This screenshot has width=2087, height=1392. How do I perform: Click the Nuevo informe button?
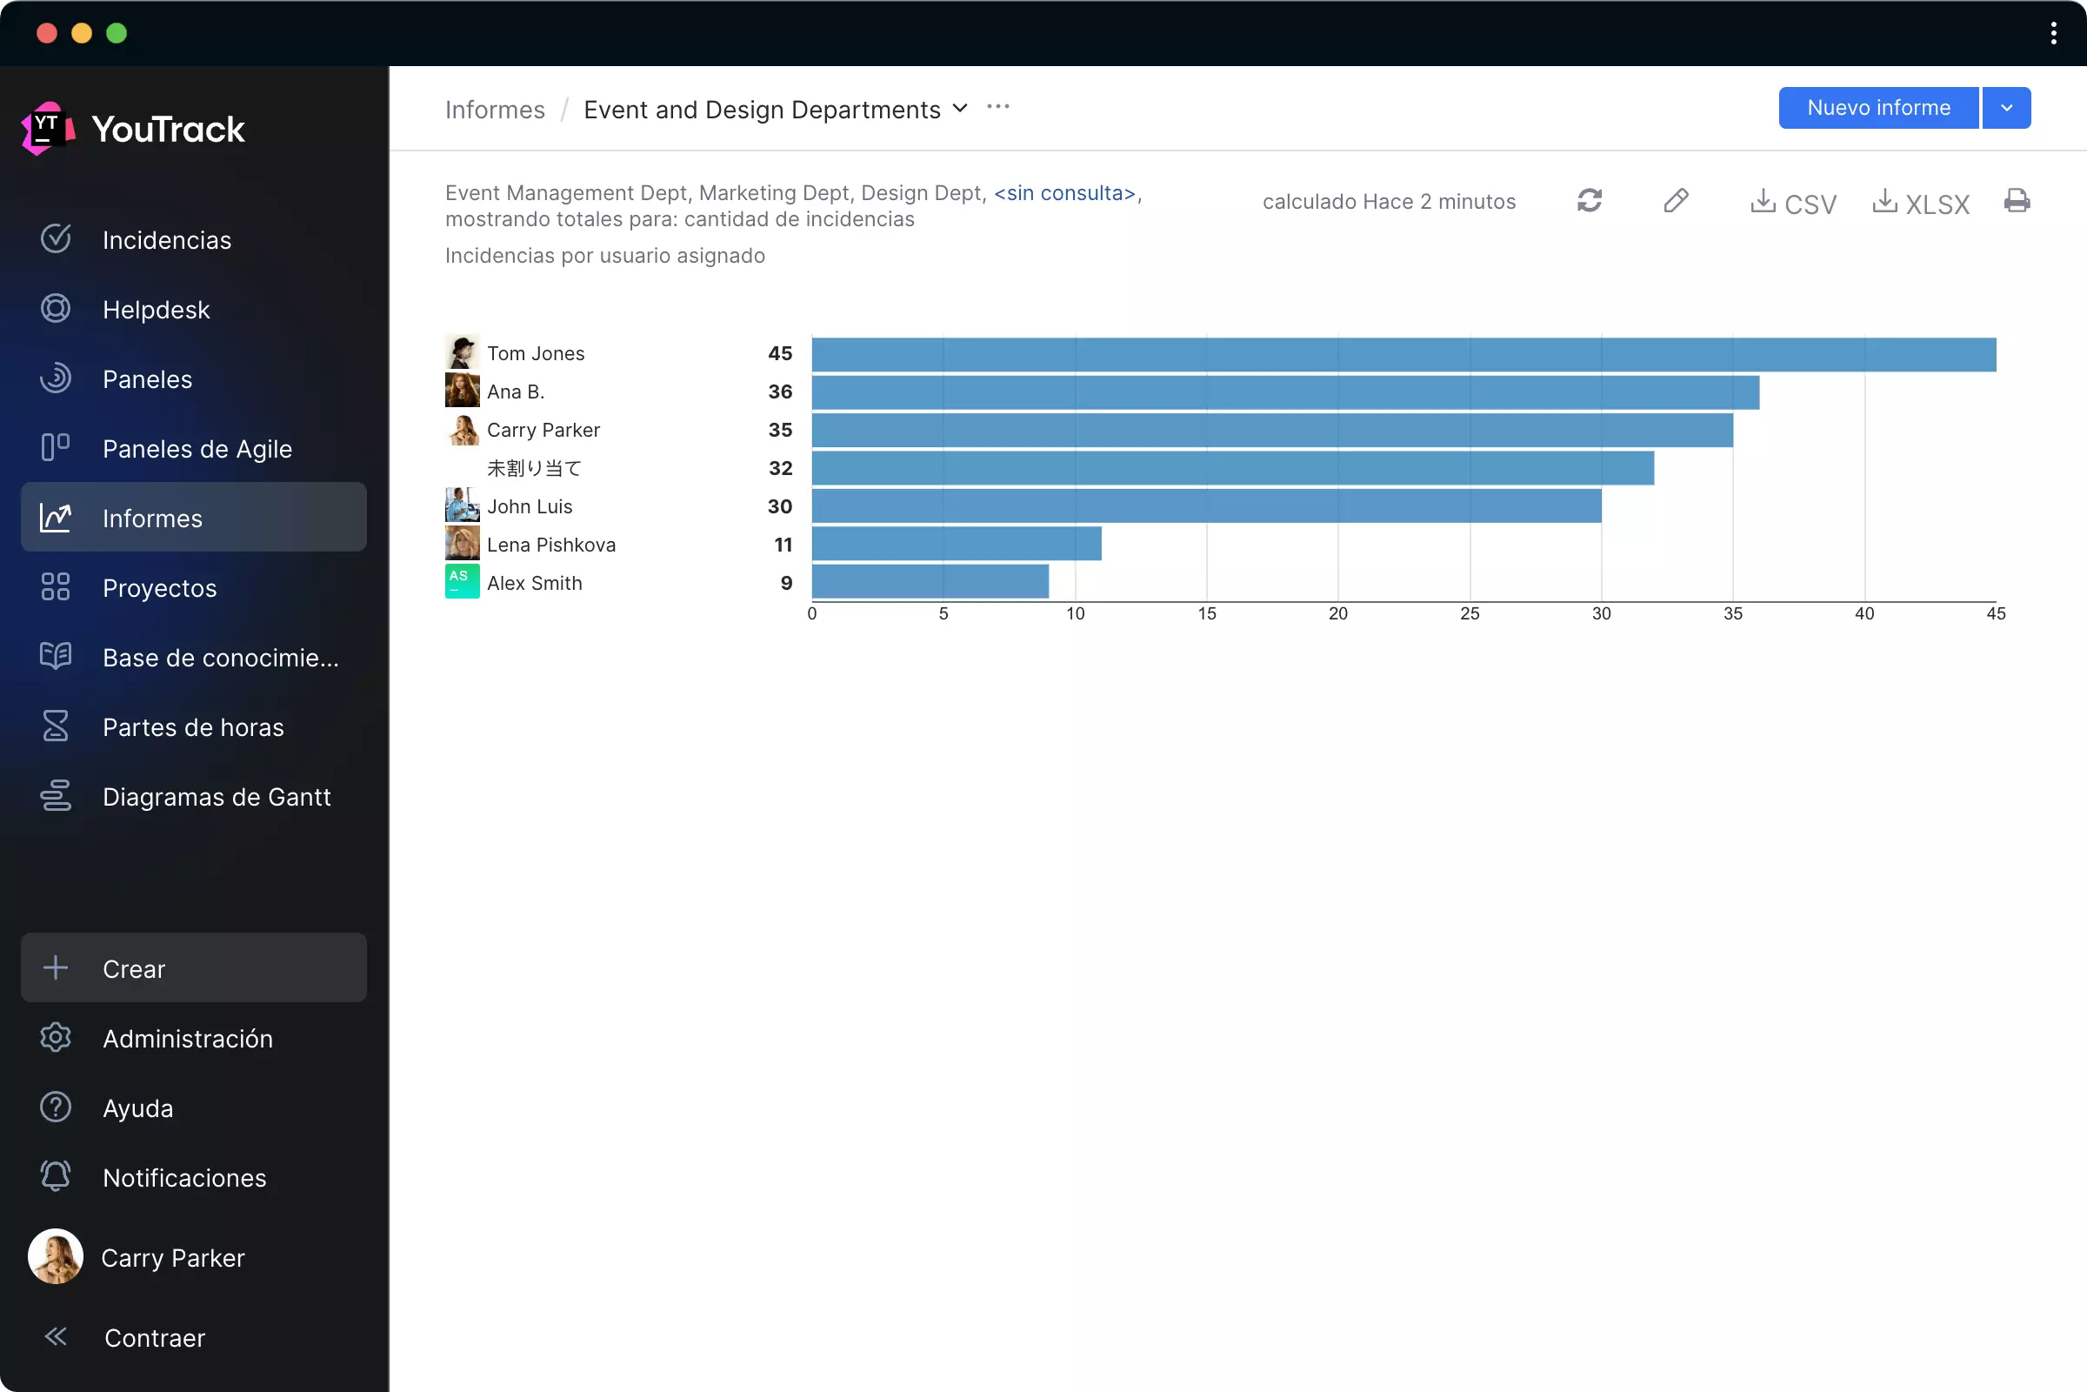pyautogui.click(x=1877, y=108)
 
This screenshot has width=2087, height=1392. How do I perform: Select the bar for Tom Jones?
pyautogui.click(x=1403, y=354)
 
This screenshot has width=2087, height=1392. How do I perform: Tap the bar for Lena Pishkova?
pyautogui.click(x=956, y=543)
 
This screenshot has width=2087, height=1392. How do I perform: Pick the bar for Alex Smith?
pyautogui.click(x=929, y=581)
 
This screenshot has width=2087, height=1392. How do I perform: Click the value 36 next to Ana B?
pyautogui.click(x=780, y=391)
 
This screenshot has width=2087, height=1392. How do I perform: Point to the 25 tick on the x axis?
pyautogui.click(x=1470, y=613)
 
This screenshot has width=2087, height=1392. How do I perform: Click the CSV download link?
pyautogui.click(x=1792, y=204)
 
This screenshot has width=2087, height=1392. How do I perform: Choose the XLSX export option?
pyautogui.click(x=1920, y=204)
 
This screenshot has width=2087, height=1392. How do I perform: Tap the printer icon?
pyautogui.click(x=2016, y=201)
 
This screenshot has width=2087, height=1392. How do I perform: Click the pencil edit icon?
pyautogui.click(x=1676, y=201)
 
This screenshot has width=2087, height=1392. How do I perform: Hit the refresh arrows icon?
pyautogui.click(x=1590, y=201)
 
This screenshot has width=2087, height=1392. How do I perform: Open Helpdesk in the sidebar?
pyautogui.click(x=156, y=310)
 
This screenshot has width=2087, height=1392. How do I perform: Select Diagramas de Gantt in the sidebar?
pyautogui.click(x=216, y=797)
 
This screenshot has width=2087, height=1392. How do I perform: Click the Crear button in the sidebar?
pyautogui.click(x=193, y=967)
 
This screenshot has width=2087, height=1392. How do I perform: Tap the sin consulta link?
pyautogui.click(x=1064, y=193)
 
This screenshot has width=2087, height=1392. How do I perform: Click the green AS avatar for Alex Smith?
pyautogui.click(x=463, y=581)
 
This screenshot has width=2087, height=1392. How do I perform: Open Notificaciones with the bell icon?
pyautogui.click(x=55, y=1177)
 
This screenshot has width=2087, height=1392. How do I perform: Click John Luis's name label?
pyautogui.click(x=530, y=507)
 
